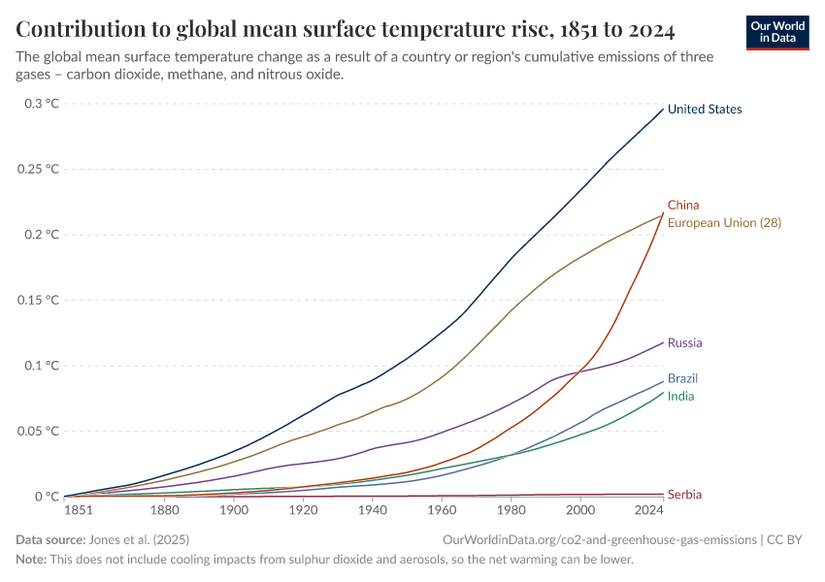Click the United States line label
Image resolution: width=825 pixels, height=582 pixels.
(x=705, y=110)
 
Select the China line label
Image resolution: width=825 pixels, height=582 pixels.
(x=683, y=206)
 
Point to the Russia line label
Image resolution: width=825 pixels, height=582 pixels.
(x=685, y=343)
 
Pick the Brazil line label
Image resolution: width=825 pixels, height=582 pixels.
(x=683, y=378)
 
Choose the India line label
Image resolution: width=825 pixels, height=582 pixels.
(x=680, y=397)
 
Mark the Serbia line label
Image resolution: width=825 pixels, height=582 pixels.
(x=684, y=495)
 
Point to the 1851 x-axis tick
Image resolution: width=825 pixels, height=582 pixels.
(x=80, y=510)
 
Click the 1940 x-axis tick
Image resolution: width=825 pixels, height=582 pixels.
(x=373, y=510)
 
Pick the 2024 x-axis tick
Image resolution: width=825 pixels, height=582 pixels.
(x=649, y=510)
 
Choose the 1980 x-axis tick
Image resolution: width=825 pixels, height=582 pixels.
(x=511, y=510)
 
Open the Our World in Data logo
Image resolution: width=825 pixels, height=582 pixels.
(x=777, y=32)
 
